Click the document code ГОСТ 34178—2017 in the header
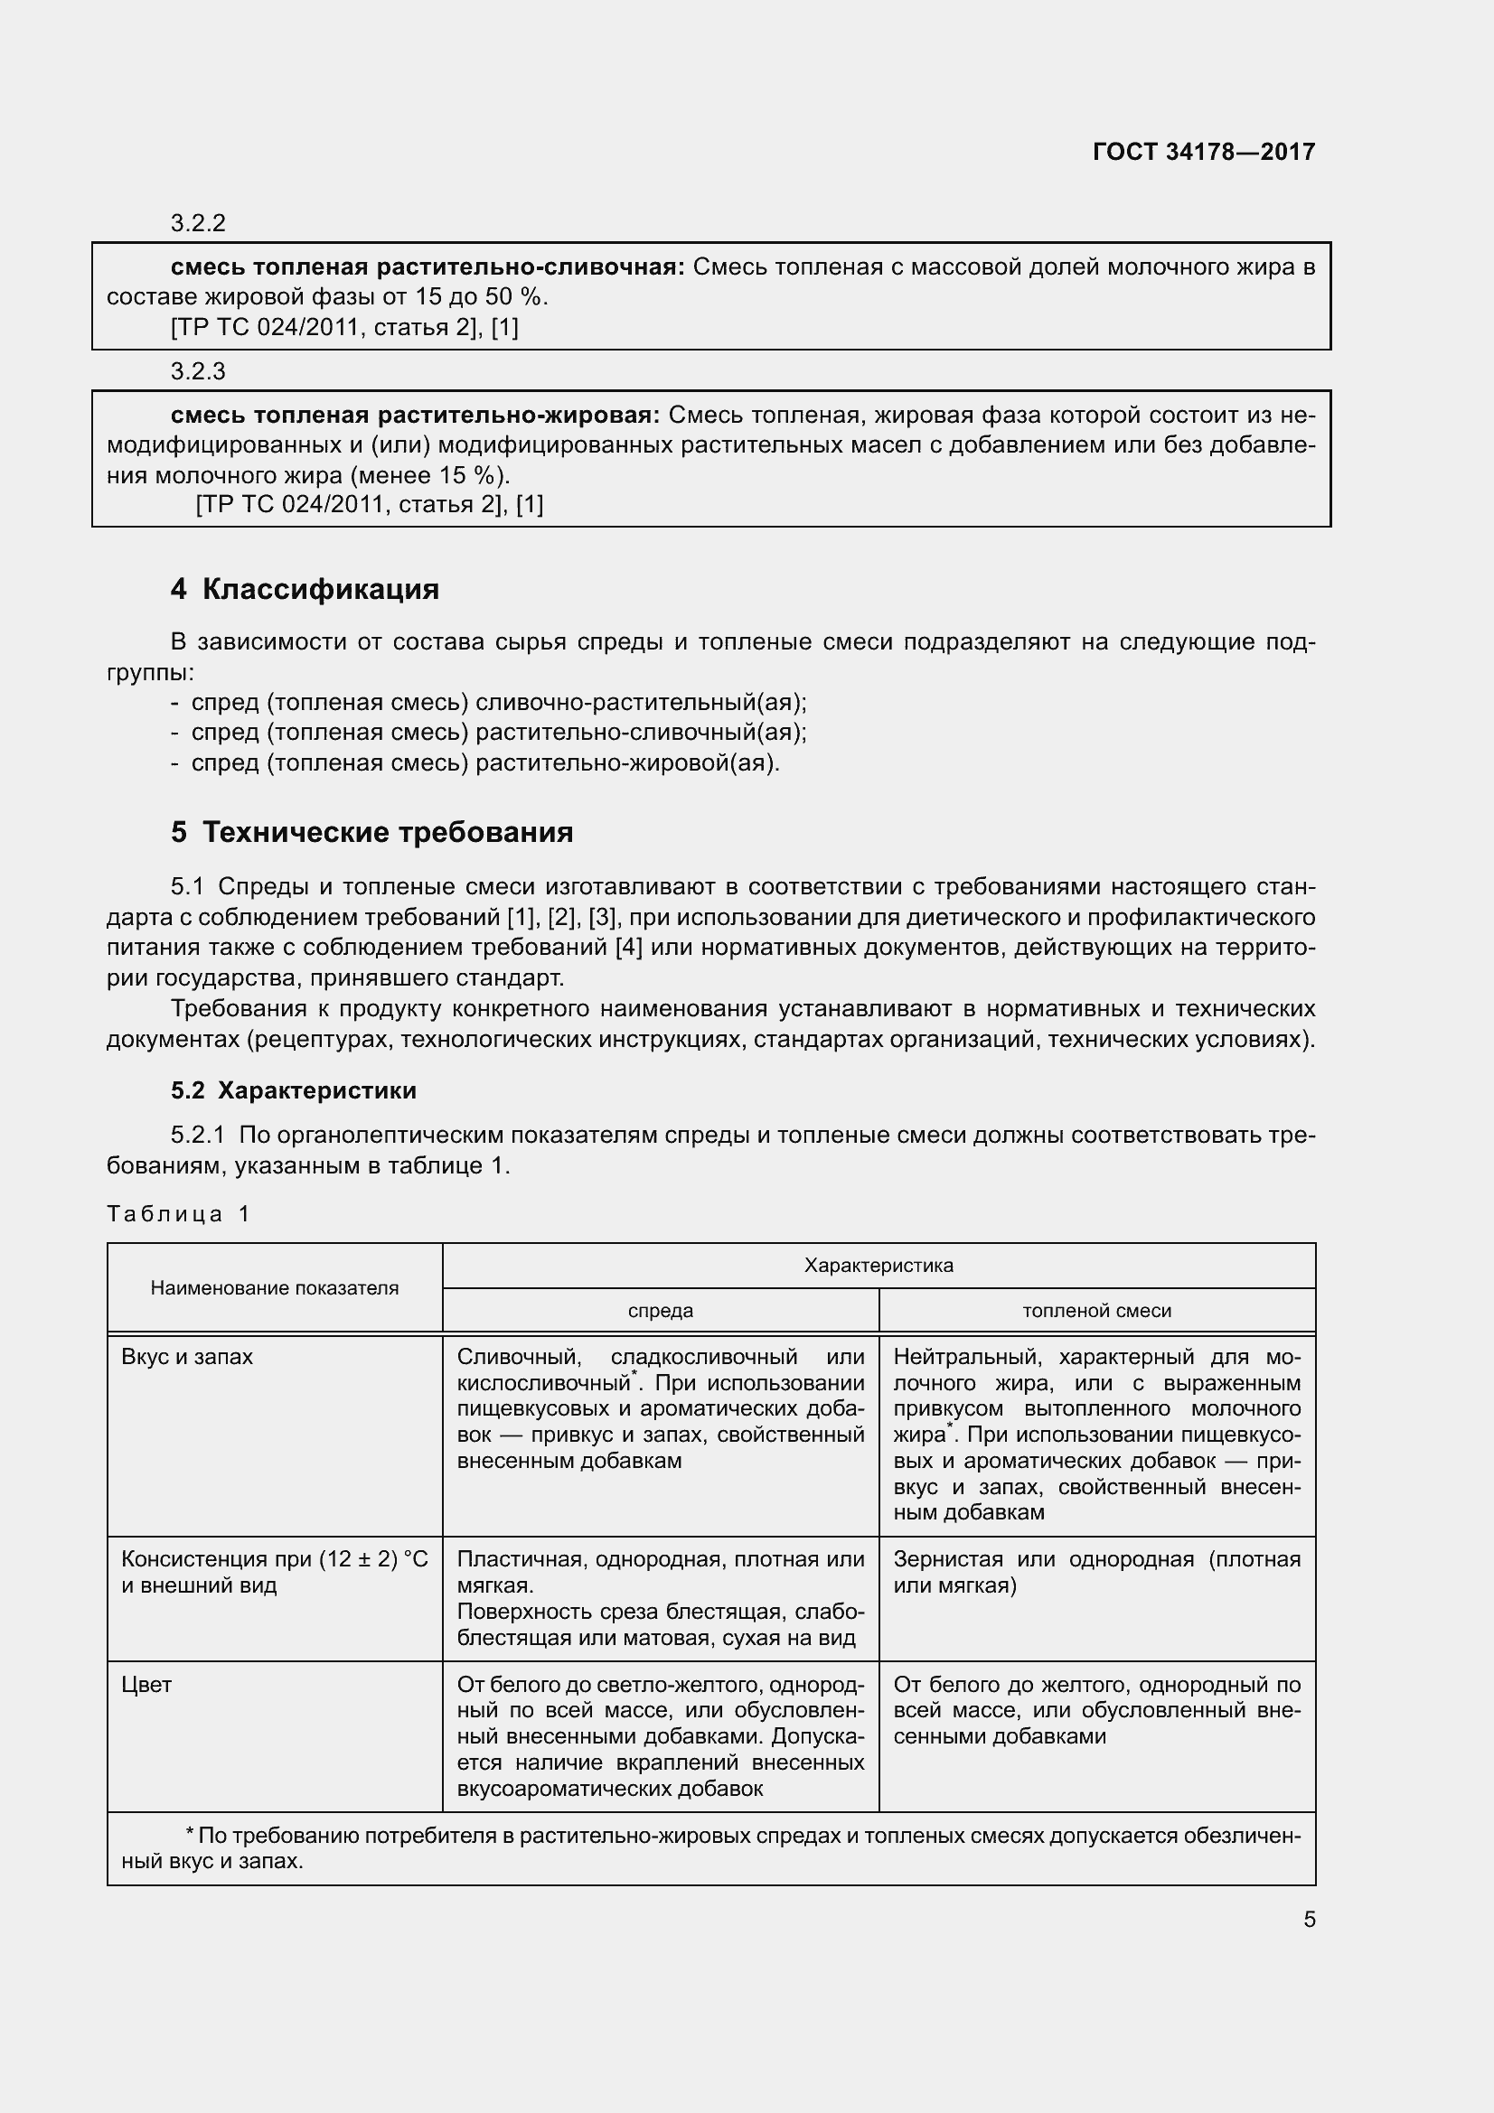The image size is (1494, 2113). (1203, 152)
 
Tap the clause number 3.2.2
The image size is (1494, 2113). (198, 224)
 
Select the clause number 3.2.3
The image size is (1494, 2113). (198, 372)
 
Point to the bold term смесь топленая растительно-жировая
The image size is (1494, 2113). (415, 416)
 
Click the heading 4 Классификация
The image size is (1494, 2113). (305, 589)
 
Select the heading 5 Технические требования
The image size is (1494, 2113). (371, 832)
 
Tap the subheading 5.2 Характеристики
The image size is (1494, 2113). (293, 1090)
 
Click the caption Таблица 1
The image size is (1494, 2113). (179, 1214)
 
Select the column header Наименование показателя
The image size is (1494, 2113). (275, 1288)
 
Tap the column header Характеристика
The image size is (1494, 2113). (879, 1266)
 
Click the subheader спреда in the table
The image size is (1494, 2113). (660, 1311)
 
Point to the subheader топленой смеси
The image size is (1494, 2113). (1096, 1311)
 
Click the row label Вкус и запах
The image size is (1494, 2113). (187, 1357)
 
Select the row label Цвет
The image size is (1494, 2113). (146, 1684)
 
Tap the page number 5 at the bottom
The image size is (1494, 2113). (1309, 1920)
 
